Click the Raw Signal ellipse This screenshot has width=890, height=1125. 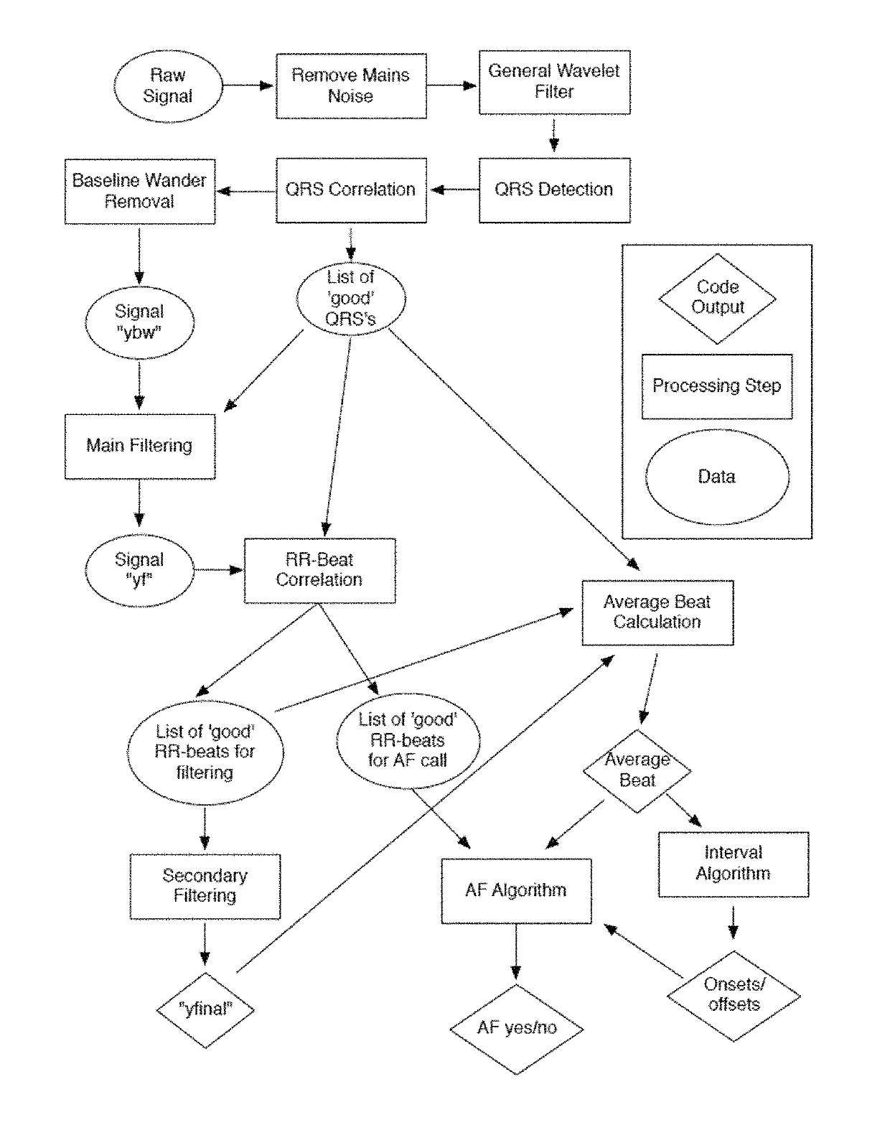[x=168, y=86]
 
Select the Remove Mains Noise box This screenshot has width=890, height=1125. [x=351, y=85]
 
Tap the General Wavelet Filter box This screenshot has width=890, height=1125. [x=555, y=82]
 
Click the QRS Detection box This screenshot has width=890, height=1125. [x=555, y=190]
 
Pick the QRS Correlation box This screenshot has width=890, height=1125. [x=351, y=190]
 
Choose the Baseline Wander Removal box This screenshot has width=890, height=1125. [x=140, y=192]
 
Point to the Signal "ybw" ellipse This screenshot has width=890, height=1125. [x=139, y=322]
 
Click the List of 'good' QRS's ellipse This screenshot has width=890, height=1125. [x=351, y=299]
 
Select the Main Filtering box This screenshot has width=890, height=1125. [x=140, y=447]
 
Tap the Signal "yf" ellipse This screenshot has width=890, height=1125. [x=139, y=570]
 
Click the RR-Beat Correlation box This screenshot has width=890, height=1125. [x=320, y=570]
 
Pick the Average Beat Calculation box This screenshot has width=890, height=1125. [x=658, y=612]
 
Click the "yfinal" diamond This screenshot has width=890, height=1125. [x=205, y=1010]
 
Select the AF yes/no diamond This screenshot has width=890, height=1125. [x=516, y=1030]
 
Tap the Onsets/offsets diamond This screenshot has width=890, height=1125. [x=734, y=996]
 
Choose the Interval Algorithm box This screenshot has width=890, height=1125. [x=734, y=864]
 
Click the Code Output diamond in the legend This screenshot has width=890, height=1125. [x=717, y=299]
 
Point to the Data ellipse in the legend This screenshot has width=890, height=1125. [x=717, y=477]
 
